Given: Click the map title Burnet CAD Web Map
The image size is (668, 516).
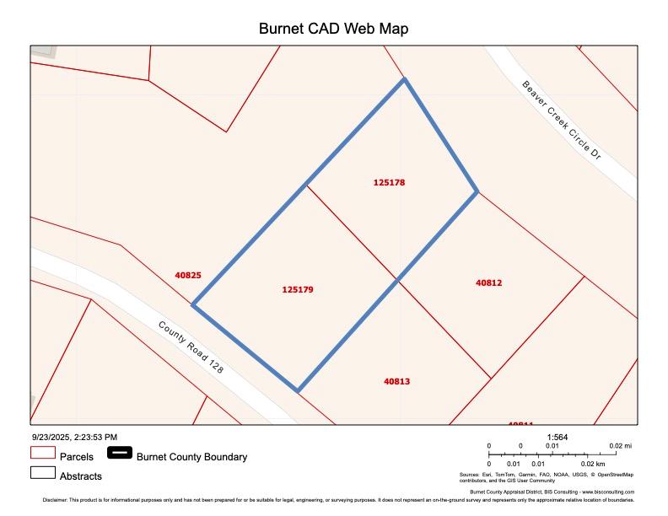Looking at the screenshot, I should click(x=333, y=29).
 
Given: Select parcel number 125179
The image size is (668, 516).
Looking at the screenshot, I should click(x=298, y=289).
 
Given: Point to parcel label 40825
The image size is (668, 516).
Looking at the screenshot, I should click(x=188, y=275).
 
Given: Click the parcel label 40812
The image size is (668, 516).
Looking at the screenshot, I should click(x=489, y=283).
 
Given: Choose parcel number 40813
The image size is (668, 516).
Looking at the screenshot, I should click(x=396, y=381).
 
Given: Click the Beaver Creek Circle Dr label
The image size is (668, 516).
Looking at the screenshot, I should click(x=560, y=120).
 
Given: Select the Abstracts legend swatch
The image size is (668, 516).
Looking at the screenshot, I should click(x=42, y=474).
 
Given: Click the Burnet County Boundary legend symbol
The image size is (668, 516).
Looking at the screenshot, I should click(x=120, y=453).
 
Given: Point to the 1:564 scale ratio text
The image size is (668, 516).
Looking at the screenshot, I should click(x=557, y=437).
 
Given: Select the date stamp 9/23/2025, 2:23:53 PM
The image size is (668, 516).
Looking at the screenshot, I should click(x=74, y=437).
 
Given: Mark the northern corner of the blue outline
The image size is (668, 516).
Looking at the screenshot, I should click(x=405, y=79).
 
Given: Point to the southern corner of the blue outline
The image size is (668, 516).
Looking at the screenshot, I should click(x=298, y=391).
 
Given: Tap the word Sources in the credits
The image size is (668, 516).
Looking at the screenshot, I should click(x=469, y=475).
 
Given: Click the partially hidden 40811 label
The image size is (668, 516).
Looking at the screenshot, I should click(x=520, y=424).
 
